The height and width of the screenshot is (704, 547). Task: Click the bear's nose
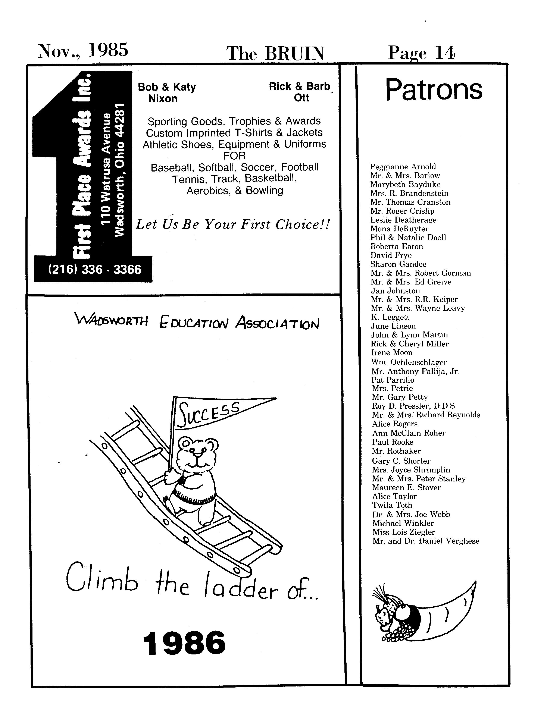click(197, 455)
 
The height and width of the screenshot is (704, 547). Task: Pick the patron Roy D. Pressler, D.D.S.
click(414, 406)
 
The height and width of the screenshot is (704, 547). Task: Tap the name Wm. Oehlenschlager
click(409, 362)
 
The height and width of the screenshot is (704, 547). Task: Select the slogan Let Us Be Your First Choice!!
click(233, 224)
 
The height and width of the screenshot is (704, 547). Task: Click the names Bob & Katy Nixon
click(166, 92)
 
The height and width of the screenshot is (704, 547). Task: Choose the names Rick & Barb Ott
click(300, 92)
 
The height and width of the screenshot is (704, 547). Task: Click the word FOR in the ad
click(234, 156)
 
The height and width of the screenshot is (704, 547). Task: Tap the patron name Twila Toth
click(392, 505)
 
